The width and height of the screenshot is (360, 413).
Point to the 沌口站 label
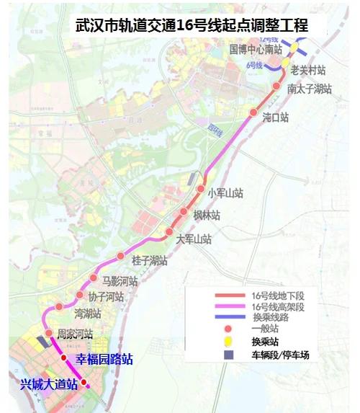(x=276, y=116)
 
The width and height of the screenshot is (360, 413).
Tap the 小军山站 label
(x=225, y=193)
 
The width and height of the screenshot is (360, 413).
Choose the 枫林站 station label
(x=206, y=216)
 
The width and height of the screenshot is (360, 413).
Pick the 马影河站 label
(x=119, y=280)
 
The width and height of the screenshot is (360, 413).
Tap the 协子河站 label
(x=106, y=297)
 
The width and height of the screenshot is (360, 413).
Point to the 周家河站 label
(x=76, y=334)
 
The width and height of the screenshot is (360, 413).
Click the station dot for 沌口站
(x=253, y=112)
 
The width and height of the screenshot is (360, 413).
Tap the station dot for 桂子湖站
(x=121, y=257)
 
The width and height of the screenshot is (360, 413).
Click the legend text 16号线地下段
(x=278, y=296)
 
